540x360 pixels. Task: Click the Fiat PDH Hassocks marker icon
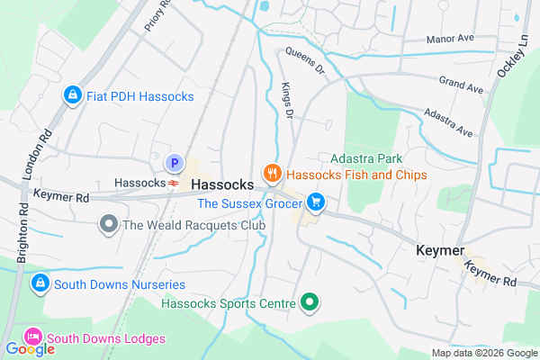point(72,94)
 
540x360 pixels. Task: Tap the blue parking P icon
point(175,164)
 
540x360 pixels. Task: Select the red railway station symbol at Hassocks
point(171,183)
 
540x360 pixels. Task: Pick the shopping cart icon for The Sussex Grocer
point(315,202)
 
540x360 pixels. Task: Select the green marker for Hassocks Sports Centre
point(310,302)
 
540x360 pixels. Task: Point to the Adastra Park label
point(360,157)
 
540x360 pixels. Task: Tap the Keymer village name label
point(440,250)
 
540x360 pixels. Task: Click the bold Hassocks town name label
point(223,183)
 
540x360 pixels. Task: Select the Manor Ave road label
point(452,40)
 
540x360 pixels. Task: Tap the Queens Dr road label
point(303,59)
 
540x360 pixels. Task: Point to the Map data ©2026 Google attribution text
point(482,353)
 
